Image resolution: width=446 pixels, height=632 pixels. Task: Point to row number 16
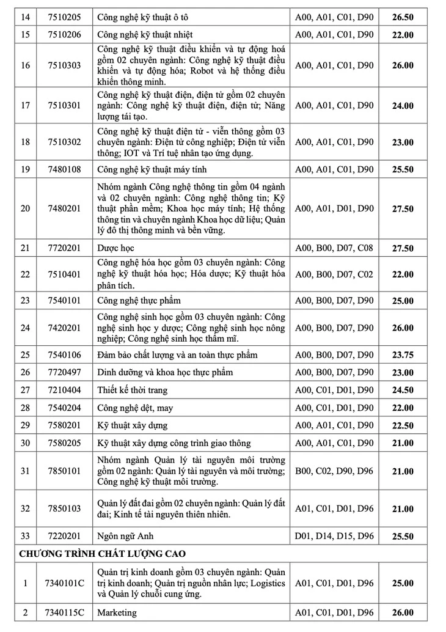(x=25, y=65)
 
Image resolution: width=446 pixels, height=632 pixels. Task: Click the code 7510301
(x=64, y=106)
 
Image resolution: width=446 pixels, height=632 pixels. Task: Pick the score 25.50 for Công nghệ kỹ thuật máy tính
(x=403, y=169)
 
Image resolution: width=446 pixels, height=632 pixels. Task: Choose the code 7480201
(x=64, y=208)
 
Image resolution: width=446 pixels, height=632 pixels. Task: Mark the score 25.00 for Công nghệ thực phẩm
(x=403, y=301)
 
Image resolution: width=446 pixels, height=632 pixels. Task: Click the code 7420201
(x=64, y=328)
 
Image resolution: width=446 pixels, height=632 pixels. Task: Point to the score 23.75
(x=403, y=355)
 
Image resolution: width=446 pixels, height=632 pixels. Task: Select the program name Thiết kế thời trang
(x=132, y=390)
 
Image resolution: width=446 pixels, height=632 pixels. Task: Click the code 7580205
(x=64, y=443)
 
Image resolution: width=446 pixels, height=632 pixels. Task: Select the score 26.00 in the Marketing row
(x=403, y=612)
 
